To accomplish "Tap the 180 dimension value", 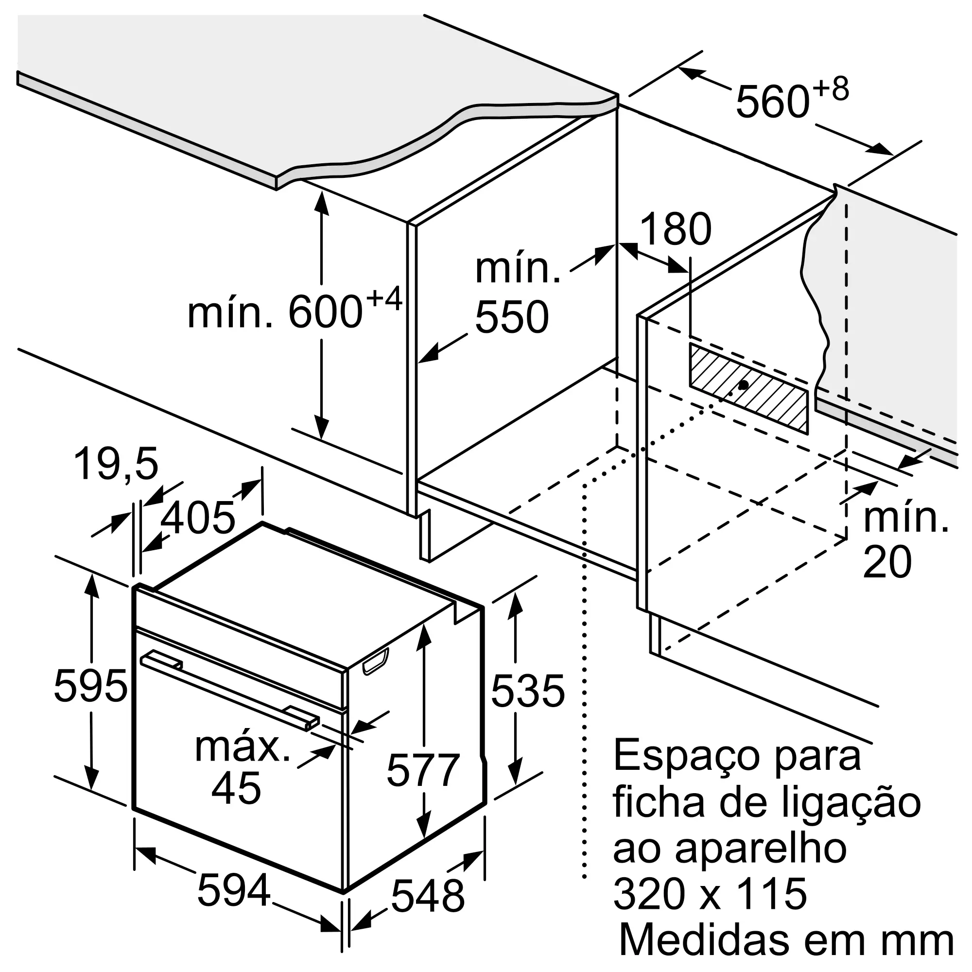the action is click(x=676, y=229).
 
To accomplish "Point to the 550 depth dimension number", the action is click(x=512, y=316).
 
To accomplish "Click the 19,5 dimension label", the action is click(x=116, y=463).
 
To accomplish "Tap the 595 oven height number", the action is click(x=90, y=686).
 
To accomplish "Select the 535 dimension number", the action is click(x=528, y=691).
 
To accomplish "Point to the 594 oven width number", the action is click(x=234, y=890).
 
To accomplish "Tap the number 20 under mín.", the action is click(x=887, y=562).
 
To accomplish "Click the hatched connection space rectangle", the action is click(x=748, y=388).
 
